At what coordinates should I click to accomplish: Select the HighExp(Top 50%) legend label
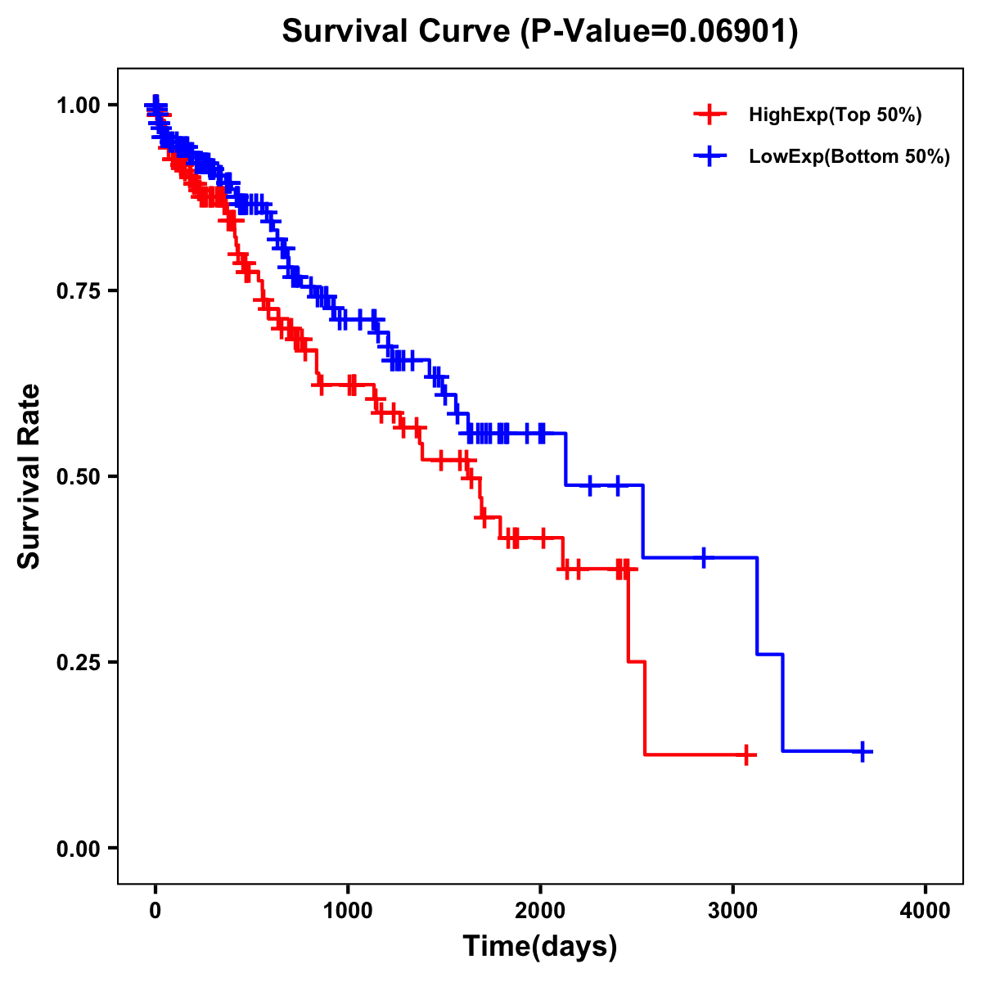click(835, 115)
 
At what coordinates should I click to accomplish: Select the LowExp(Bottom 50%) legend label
click(849, 156)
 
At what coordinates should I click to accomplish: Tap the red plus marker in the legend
click(709, 115)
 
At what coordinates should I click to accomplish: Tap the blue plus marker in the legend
click(709, 156)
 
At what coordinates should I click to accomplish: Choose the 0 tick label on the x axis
click(155, 911)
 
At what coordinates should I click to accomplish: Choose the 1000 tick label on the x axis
click(348, 911)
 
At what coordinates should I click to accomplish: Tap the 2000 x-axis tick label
click(540, 911)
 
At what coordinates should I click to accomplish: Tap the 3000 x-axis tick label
click(733, 911)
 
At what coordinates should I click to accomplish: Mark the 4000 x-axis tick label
click(926, 911)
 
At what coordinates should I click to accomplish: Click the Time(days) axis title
click(540, 947)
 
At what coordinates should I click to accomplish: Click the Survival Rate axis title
click(29, 476)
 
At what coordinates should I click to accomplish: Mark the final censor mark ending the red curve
click(746, 755)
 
